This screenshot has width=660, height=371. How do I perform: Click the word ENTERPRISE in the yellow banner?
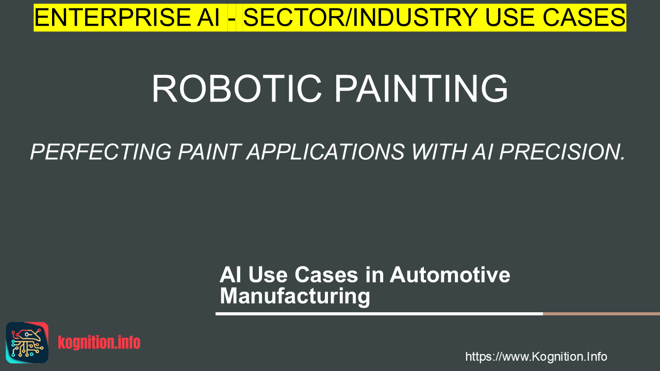112,18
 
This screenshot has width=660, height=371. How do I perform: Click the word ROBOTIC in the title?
236,88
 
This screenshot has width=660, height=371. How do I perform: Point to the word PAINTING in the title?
421,88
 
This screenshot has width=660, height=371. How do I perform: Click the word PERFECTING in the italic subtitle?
101,152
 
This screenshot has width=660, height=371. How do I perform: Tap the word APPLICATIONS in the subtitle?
325,152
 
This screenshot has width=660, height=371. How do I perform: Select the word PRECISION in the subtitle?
562,152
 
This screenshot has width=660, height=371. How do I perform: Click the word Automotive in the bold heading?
450,275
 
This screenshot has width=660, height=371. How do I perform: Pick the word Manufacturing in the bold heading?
295,296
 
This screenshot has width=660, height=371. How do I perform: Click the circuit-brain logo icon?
27,343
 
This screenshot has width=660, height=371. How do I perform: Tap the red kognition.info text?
99,343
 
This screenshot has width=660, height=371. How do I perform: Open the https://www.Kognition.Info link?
536,357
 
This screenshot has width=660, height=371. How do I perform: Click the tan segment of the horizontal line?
601,314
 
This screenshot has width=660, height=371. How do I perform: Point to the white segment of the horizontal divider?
379,314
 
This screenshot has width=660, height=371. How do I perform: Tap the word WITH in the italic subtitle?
439,152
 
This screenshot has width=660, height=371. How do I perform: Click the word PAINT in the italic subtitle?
209,152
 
